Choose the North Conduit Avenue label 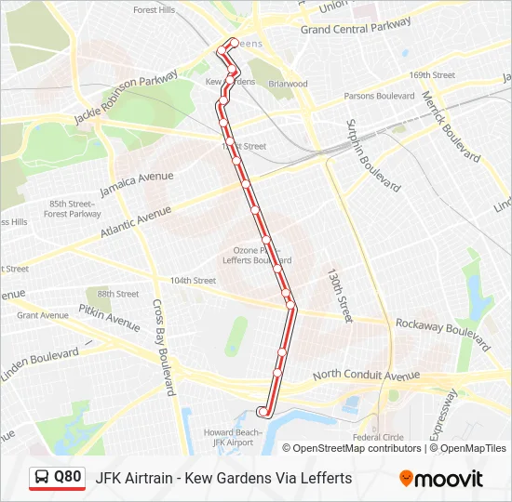(366, 376)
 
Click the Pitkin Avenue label (108, 317)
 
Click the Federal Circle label (378, 437)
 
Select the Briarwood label (288, 84)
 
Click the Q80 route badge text (68, 477)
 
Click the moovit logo (441, 479)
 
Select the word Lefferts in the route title (326, 478)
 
